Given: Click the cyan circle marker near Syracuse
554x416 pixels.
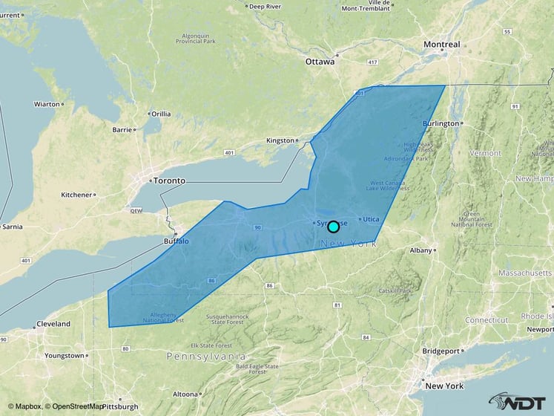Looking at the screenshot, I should coord(334,227).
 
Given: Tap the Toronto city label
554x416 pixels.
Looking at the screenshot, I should coord(168,181).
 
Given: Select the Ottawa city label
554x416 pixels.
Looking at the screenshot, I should coord(320,62).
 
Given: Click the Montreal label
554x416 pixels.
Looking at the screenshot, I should coord(441,45).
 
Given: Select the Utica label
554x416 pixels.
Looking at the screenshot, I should coord(371,219).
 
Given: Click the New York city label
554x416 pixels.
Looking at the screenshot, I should coord(444,386).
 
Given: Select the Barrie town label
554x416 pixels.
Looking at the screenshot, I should coord(122,129).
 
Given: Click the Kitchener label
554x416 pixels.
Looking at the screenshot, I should coord(76,195).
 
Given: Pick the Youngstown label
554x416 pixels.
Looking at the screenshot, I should coord(65,356).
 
